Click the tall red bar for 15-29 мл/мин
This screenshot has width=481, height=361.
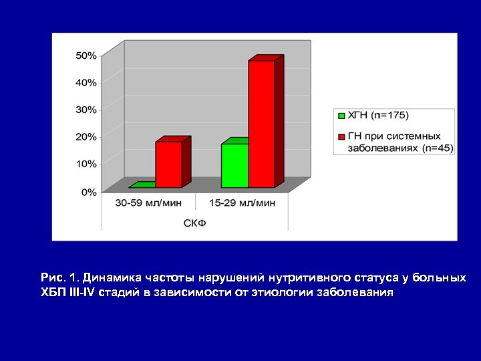[x=261, y=124]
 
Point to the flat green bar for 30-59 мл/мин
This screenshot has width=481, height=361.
[x=142, y=185]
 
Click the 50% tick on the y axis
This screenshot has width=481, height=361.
[x=86, y=55]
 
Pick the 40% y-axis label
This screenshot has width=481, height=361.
[x=86, y=82]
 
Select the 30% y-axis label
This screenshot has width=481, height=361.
[x=86, y=109]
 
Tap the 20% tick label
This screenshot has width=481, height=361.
[x=86, y=136]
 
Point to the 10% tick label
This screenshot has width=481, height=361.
[x=86, y=163]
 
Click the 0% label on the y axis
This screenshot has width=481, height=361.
[x=88, y=192]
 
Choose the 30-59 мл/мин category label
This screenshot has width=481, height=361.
[x=148, y=203]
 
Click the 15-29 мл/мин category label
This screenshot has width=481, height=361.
[x=242, y=203]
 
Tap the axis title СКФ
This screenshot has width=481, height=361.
[x=195, y=223]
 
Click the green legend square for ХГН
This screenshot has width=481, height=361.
[x=341, y=115]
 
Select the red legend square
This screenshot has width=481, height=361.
[x=341, y=136]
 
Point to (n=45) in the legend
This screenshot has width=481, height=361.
[x=437, y=148]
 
